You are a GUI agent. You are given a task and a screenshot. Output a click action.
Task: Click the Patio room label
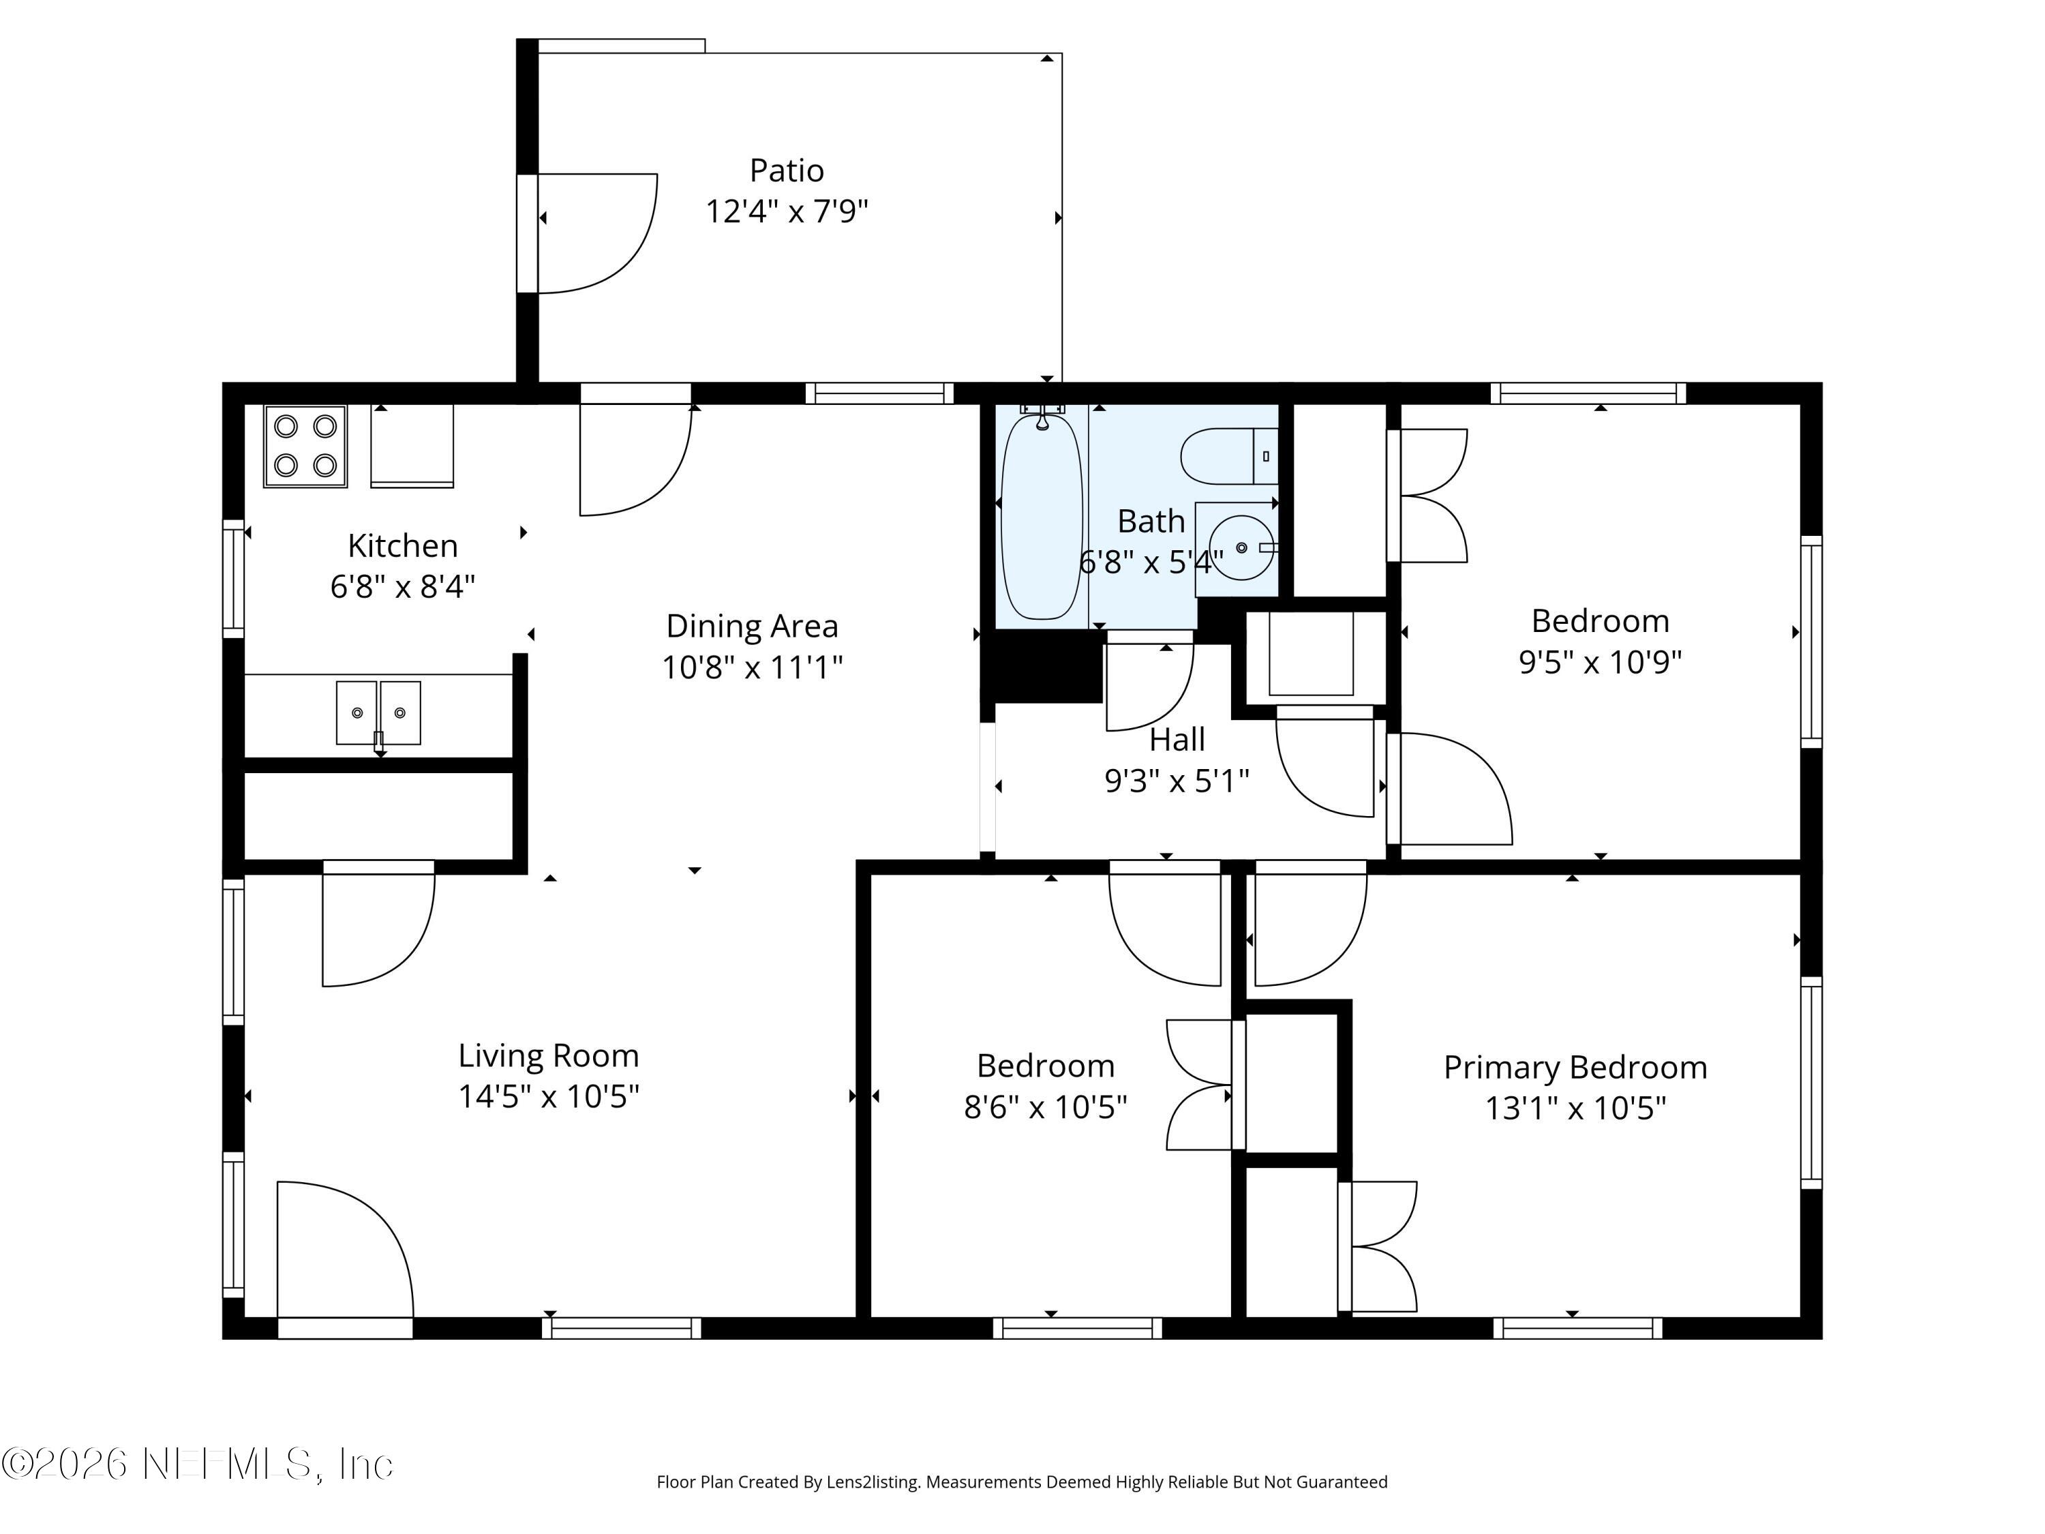(786, 170)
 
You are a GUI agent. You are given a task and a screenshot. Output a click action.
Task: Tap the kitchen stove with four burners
(305, 446)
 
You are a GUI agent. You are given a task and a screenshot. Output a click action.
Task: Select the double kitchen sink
(378, 713)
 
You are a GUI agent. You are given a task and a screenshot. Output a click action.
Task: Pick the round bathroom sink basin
(1241, 547)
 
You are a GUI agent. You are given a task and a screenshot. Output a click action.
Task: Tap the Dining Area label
(752, 626)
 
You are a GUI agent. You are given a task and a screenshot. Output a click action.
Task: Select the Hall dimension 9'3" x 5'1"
(1176, 781)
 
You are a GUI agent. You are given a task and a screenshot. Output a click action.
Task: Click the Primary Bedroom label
(1575, 1067)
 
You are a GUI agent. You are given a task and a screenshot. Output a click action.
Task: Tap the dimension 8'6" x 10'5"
(1045, 1107)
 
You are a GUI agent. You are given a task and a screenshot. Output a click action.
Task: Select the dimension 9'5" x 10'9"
(1599, 662)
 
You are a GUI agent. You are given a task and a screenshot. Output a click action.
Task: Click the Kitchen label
(402, 545)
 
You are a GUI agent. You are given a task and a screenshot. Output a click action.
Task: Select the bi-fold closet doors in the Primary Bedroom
(1380, 1246)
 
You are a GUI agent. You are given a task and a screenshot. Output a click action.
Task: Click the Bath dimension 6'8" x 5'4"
(1151, 561)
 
